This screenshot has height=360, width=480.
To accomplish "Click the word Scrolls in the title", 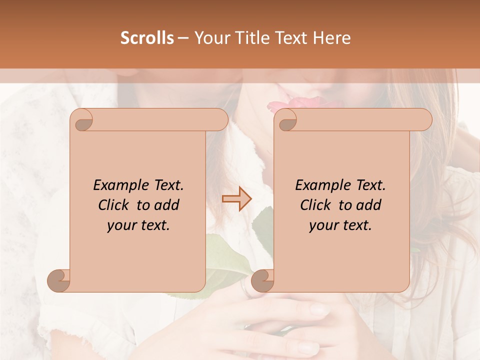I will [x=147, y=38].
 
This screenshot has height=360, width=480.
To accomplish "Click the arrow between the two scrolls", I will [x=237, y=199].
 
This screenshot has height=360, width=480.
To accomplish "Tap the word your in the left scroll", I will [x=120, y=225].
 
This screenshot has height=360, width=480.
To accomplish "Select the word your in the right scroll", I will [x=322, y=225].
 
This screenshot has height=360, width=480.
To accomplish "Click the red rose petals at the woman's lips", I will [x=290, y=105].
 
